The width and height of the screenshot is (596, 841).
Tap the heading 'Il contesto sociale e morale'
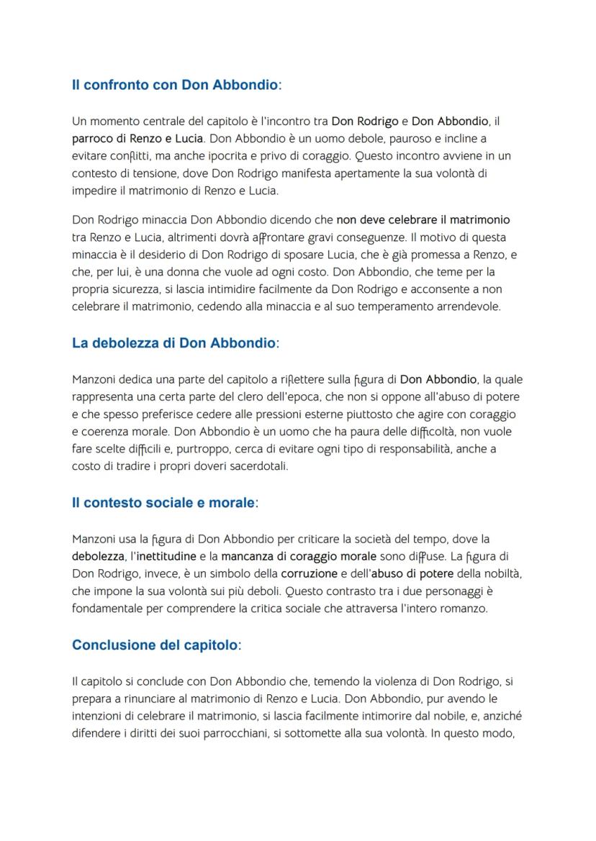(163, 503)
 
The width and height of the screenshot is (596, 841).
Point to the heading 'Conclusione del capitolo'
(155, 645)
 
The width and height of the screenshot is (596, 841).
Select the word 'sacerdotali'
(258, 467)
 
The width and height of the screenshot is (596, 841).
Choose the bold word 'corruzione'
(309, 573)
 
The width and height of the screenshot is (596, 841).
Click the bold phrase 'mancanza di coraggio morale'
(298, 556)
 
